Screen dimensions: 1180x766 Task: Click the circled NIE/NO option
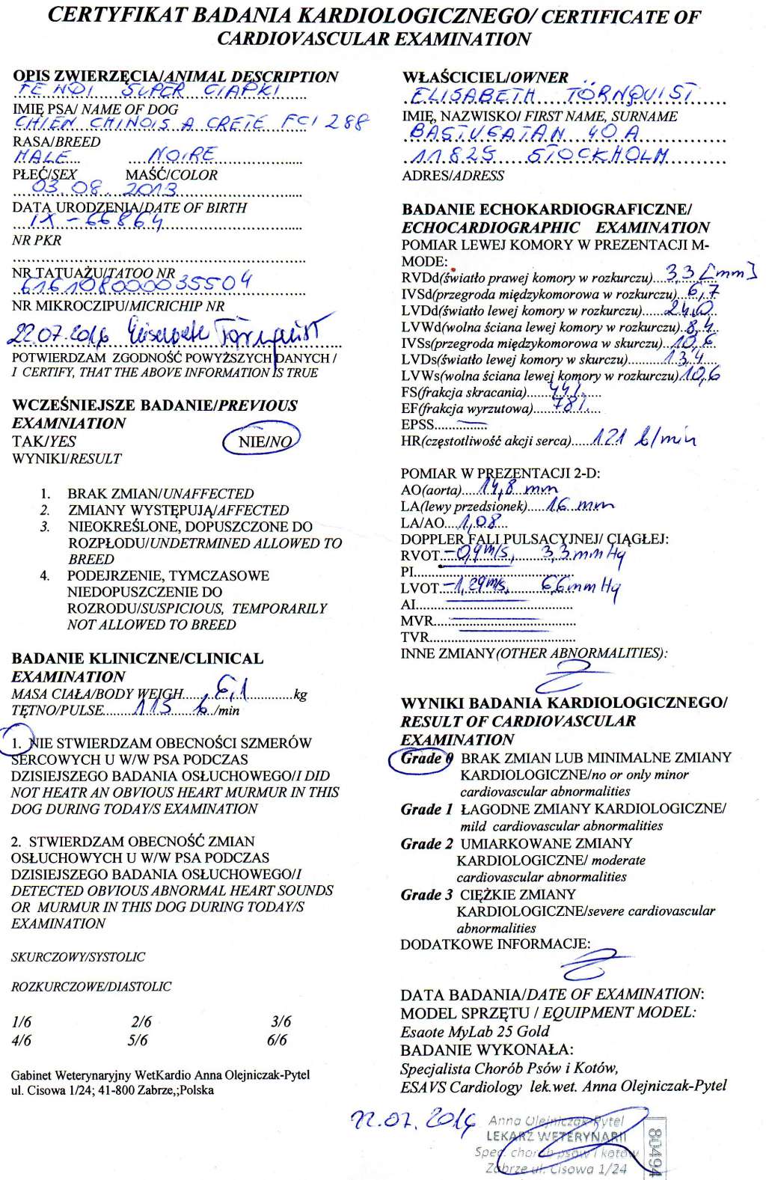point(263,441)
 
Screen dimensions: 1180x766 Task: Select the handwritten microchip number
point(135,283)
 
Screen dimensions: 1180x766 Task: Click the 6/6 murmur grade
point(276,1040)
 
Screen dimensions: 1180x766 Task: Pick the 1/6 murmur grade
point(22,1022)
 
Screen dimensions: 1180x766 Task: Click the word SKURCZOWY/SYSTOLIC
point(78,957)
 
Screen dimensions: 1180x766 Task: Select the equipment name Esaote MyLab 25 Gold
point(475,1031)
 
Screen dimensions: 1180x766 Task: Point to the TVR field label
point(415,638)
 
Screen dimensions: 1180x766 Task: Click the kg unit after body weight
point(301,694)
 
